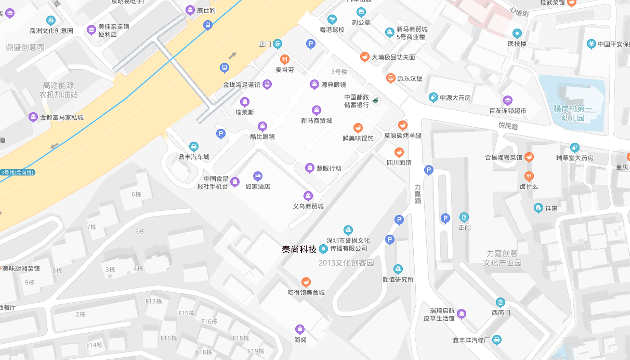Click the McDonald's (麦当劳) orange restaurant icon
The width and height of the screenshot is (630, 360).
[x=284, y=59]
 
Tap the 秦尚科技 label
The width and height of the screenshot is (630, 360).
[x=299, y=249]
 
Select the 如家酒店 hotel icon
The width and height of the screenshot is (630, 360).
[x=257, y=176]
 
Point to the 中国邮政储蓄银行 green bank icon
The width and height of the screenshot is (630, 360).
[x=376, y=101]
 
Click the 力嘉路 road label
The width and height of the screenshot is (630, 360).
[x=418, y=194]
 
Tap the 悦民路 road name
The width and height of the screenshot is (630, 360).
[x=508, y=126]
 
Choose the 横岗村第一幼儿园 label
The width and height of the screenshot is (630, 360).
[x=573, y=113]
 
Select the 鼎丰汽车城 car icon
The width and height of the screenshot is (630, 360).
[x=193, y=147]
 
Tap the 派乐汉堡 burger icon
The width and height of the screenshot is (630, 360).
[x=390, y=78]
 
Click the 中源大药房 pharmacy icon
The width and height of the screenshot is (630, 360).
[x=433, y=97]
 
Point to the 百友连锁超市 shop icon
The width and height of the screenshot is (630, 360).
[x=507, y=100]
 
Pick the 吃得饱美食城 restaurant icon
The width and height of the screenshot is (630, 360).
[x=306, y=282]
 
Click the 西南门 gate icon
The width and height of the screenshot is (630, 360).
[x=500, y=302]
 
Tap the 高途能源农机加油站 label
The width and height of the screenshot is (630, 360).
[x=58, y=90]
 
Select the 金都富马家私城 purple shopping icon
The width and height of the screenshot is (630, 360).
[x=33, y=117]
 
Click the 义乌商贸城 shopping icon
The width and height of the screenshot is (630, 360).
[x=308, y=196]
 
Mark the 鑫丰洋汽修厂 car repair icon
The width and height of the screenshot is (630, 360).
[x=497, y=340]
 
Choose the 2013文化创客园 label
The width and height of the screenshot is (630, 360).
[x=346, y=263]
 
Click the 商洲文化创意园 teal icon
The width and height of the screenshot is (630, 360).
[x=51, y=20]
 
